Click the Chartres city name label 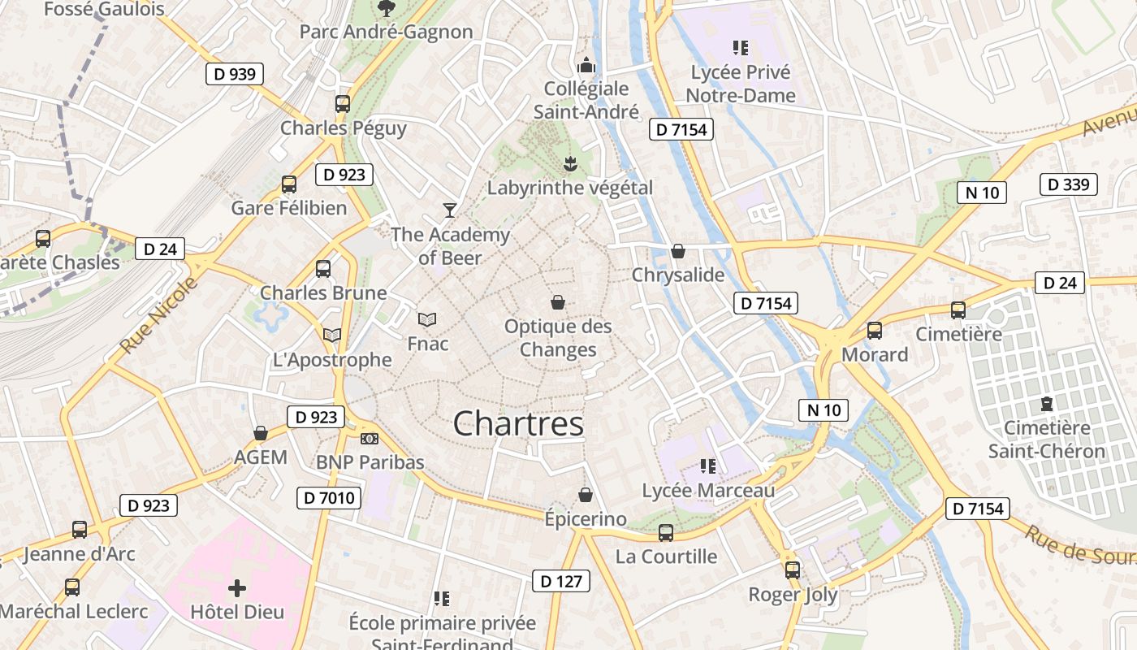point(518,424)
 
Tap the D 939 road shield point(234,75)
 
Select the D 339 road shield point(1068,184)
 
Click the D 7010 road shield point(328,497)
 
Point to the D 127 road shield point(560,581)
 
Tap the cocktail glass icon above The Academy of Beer point(450,210)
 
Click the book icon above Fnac point(427,319)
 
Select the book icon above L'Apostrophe point(331,335)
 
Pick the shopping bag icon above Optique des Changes point(558,302)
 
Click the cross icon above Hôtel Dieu point(237,587)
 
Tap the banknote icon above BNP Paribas point(370,439)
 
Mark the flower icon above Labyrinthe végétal point(570,163)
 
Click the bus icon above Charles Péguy point(343,104)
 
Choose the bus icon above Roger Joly point(793,570)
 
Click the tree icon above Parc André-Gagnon point(386,8)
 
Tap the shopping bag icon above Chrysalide point(677,251)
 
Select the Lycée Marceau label point(708,491)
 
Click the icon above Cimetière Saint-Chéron point(1047,403)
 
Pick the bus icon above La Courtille point(666,532)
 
